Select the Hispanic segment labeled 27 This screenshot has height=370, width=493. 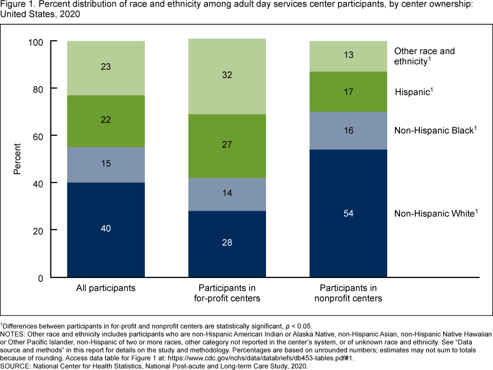click(x=227, y=145)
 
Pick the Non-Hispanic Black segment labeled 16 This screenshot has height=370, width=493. click(x=348, y=131)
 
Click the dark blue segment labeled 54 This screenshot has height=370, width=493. click(x=348, y=213)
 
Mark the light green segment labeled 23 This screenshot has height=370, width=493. click(x=106, y=67)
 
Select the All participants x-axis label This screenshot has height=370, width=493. click(x=106, y=288)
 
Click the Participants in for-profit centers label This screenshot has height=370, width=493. click(x=227, y=293)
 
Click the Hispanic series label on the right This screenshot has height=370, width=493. click(x=414, y=92)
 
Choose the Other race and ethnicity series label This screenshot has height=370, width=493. click(x=424, y=56)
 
